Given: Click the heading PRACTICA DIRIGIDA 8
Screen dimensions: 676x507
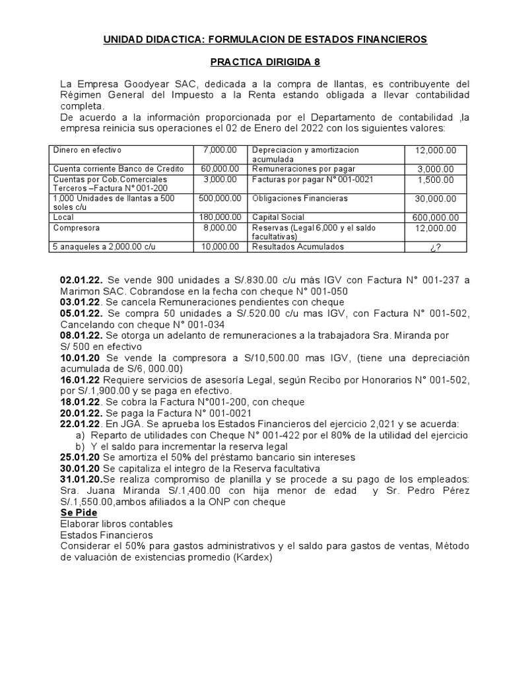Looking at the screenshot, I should point(264,62).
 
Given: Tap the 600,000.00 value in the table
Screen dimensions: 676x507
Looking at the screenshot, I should point(435,217).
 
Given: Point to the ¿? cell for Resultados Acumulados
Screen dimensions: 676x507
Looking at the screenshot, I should point(435,247).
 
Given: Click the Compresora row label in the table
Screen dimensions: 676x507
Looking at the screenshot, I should point(77,228).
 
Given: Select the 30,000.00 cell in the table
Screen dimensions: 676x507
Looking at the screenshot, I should point(435,198).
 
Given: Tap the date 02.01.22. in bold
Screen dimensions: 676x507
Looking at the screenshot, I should point(81,280).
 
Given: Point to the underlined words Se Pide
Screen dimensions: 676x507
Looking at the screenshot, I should point(79,513).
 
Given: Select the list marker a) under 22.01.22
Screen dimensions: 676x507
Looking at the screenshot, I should point(80,435).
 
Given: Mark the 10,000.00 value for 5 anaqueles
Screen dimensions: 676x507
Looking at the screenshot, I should point(220,247).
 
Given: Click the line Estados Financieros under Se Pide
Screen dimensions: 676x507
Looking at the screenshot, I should point(106,535).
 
